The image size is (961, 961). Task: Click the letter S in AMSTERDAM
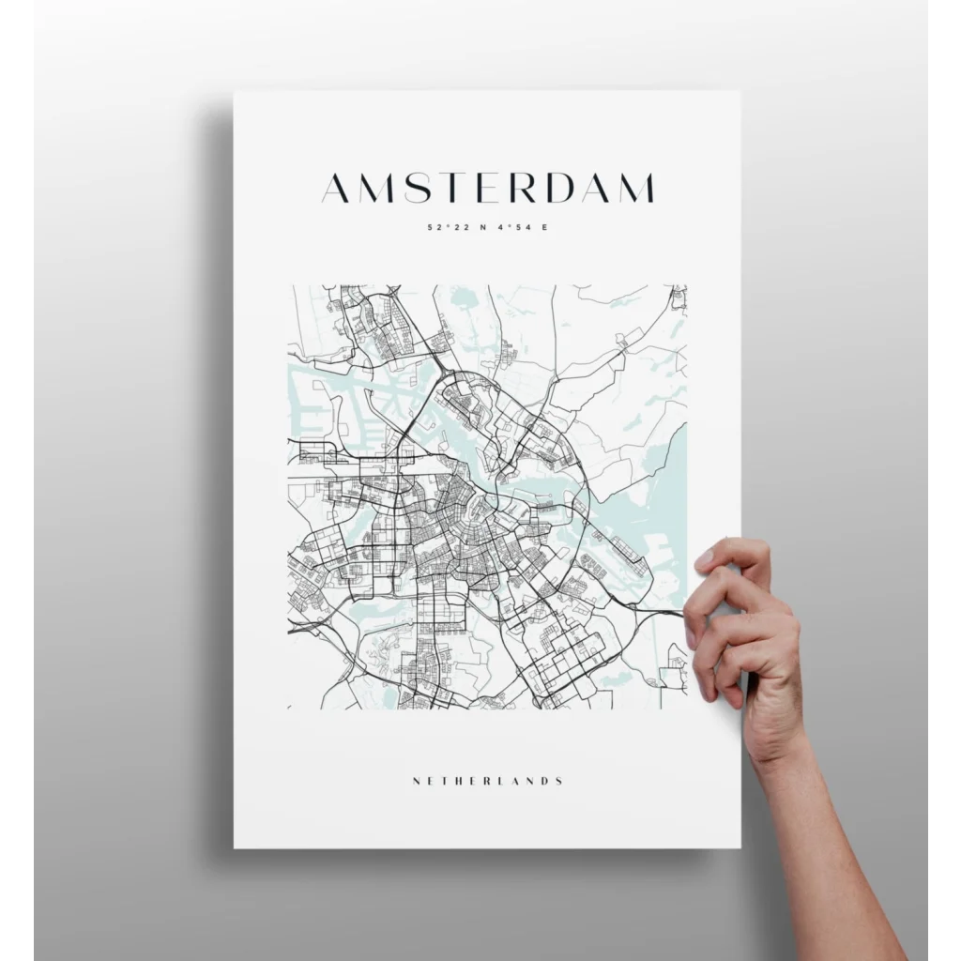[x=407, y=188]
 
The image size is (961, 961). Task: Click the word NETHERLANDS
[x=487, y=781]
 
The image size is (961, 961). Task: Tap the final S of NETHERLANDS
[x=559, y=781]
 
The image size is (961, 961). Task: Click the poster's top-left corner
[x=235, y=91]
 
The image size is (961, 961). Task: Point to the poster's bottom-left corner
[x=235, y=847]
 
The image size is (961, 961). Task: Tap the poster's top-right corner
[x=740, y=91]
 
